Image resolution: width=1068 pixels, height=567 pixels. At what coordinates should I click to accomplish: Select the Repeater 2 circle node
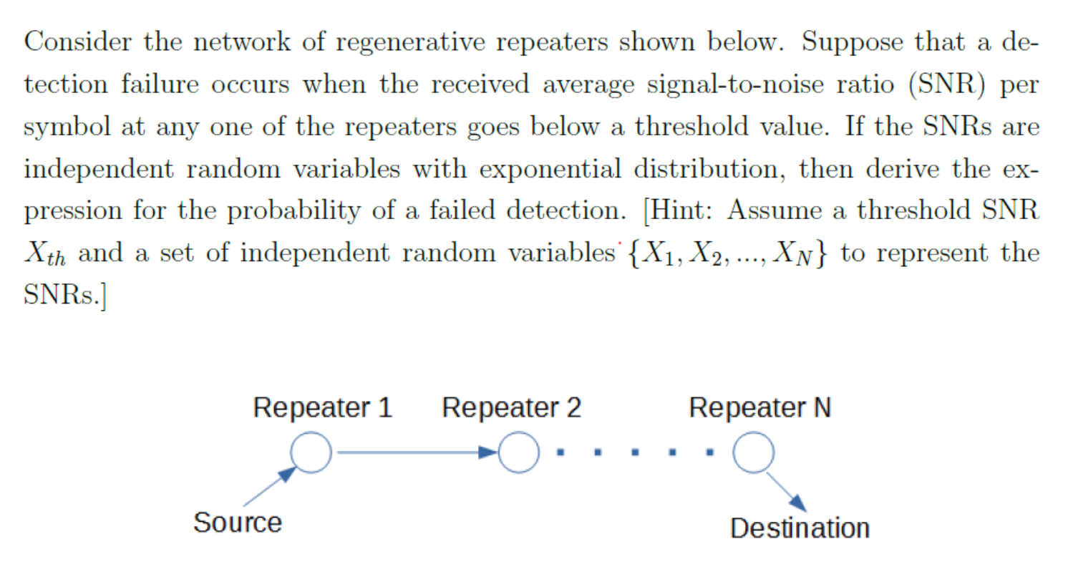518,453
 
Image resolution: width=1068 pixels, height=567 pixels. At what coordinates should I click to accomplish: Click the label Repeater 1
323,408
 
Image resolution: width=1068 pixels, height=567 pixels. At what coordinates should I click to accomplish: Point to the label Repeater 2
512,408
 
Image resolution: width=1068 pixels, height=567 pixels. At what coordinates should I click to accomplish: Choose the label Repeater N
760,408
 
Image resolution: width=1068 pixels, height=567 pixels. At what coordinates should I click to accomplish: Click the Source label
238,523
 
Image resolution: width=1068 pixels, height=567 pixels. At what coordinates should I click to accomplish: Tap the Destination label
800,528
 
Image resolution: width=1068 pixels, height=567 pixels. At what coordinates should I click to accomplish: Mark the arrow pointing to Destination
787,492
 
